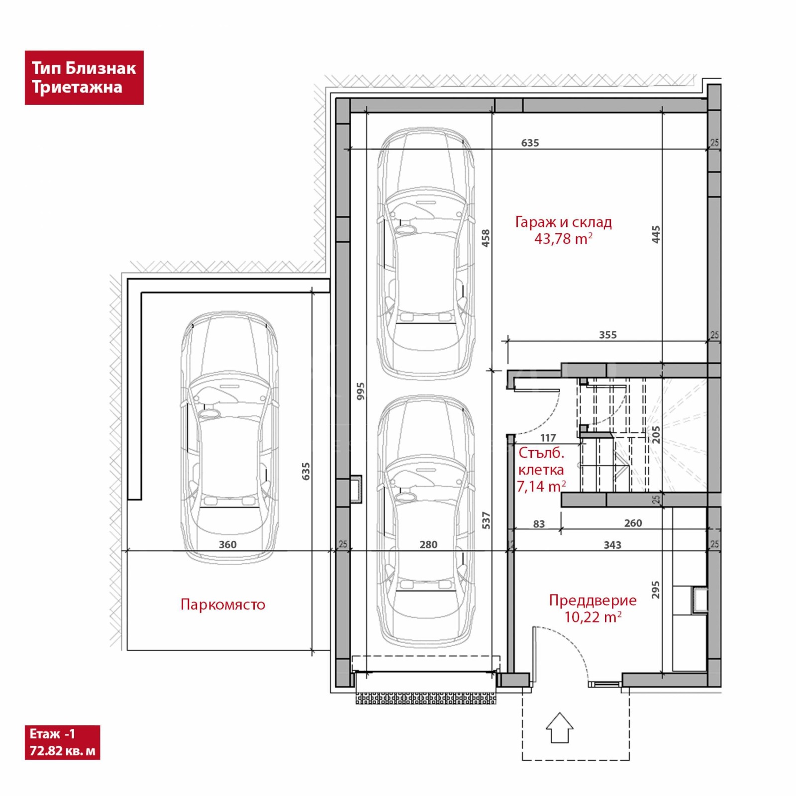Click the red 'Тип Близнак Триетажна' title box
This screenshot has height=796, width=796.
click(x=84, y=78)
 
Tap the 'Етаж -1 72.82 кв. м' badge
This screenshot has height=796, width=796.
click(x=62, y=742)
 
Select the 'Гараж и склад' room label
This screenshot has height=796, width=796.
click(x=563, y=222)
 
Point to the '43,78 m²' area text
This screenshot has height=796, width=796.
click(x=563, y=239)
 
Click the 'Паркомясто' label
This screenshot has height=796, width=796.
click(x=223, y=604)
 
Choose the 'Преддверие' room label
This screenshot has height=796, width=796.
click(x=593, y=600)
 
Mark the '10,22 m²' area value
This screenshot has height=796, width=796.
click(x=593, y=617)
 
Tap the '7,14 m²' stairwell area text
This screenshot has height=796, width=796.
click(x=541, y=487)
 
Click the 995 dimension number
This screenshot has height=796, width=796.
click(x=361, y=391)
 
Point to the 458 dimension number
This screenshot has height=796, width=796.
click(x=486, y=238)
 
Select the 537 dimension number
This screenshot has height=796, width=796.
click(x=486, y=520)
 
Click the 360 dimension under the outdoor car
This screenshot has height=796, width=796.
click(x=228, y=544)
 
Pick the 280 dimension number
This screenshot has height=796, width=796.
click(x=428, y=544)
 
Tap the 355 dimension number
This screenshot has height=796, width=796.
click(x=608, y=335)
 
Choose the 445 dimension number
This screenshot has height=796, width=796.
click(x=656, y=234)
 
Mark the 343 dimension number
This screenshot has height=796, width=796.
click(x=612, y=545)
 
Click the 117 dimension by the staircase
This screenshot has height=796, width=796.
click(x=548, y=438)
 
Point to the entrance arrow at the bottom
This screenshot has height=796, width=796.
click(x=560, y=727)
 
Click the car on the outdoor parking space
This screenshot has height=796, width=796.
click(x=229, y=437)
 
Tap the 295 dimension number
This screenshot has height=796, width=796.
click(x=656, y=590)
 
